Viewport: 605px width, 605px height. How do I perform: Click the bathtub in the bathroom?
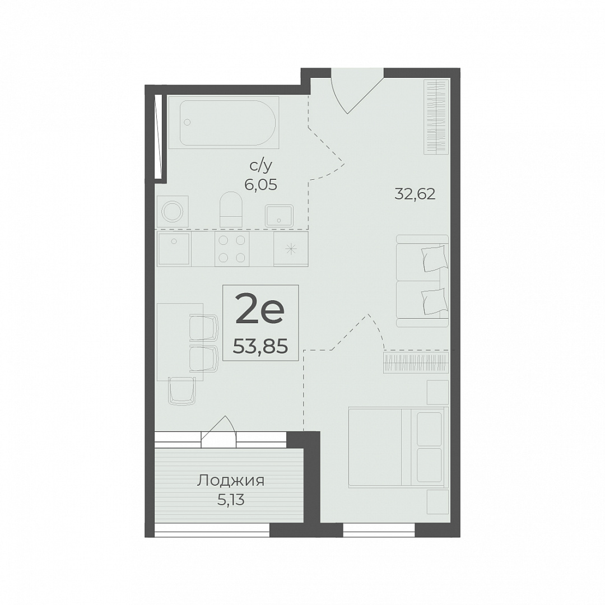click(x=224, y=123)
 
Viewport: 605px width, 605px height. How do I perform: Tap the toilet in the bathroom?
click(x=231, y=209)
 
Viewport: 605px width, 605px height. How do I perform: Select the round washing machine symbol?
click(x=173, y=211)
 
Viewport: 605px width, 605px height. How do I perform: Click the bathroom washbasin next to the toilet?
click(x=280, y=215)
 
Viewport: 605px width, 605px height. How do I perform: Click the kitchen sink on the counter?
click(x=174, y=249)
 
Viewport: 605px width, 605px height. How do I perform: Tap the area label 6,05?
click(x=260, y=185)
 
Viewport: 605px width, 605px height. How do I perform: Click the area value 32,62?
click(x=415, y=194)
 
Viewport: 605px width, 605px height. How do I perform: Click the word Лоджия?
click(x=231, y=481)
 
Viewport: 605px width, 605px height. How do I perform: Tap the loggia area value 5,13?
click(x=231, y=500)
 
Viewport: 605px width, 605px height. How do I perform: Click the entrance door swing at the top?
click(x=357, y=91)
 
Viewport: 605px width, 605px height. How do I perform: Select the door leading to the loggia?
click(x=218, y=432)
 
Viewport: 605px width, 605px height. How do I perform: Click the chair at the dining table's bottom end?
click(x=182, y=390)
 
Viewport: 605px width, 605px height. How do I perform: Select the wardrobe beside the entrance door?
click(x=437, y=117)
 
